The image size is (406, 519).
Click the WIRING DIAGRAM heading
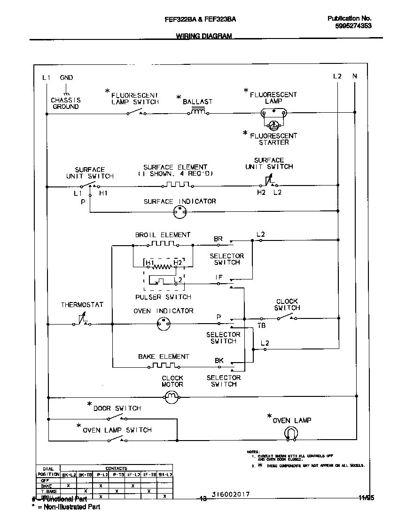(x=203, y=36)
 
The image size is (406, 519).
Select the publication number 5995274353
(x=353, y=26)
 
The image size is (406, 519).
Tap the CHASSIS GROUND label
(x=66, y=103)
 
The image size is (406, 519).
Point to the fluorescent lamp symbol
(x=273, y=113)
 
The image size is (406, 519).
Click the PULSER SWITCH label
(x=163, y=297)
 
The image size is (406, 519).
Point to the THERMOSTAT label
(x=82, y=305)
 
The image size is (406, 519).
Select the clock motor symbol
(x=172, y=398)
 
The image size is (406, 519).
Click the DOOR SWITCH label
(x=117, y=408)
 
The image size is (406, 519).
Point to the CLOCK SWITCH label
(x=287, y=304)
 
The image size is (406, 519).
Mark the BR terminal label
(x=218, y=239)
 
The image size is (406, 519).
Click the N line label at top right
(x=354, y=76)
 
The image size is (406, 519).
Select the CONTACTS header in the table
(x=116, y=469)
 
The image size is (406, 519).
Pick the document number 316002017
(x=230, y=495)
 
